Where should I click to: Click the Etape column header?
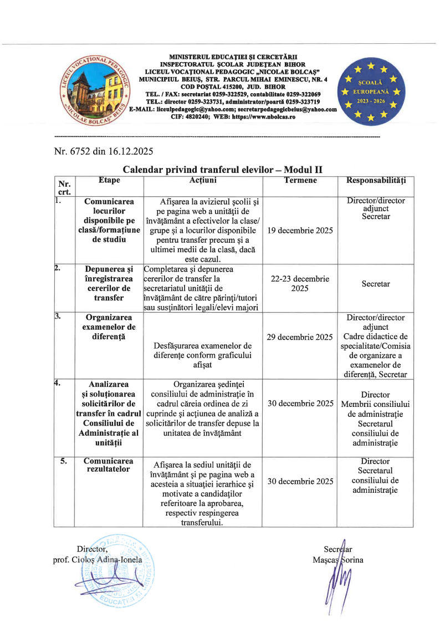109,180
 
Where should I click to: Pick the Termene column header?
300,180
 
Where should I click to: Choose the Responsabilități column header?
376,180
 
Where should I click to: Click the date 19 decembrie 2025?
300,230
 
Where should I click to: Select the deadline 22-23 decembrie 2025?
300,284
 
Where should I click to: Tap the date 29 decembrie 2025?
300,337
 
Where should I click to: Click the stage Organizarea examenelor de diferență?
109,327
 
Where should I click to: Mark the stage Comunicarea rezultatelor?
108,465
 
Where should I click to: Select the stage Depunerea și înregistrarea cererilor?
109,283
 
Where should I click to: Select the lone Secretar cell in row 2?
376,284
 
